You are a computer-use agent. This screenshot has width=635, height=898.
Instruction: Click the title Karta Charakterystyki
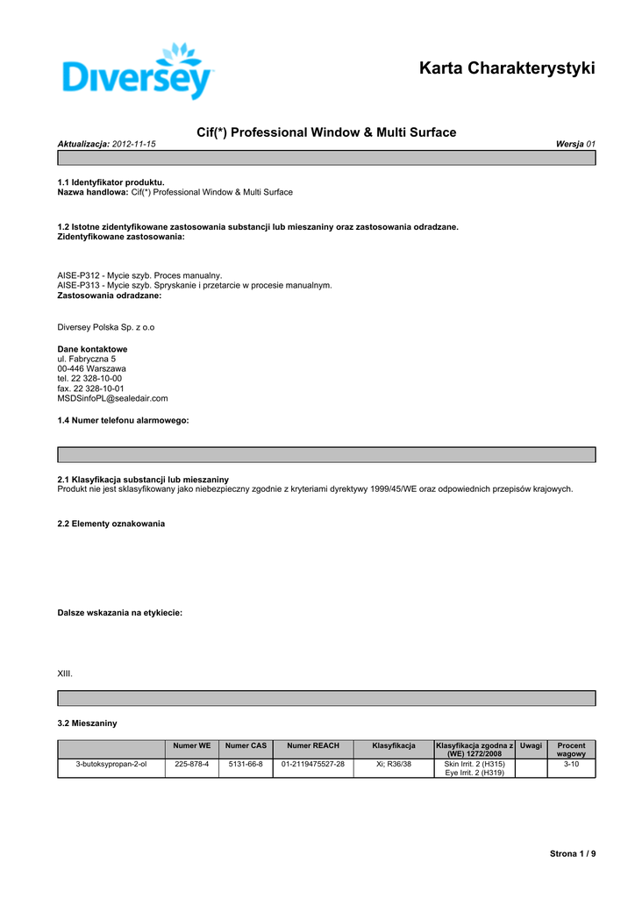(507, 68)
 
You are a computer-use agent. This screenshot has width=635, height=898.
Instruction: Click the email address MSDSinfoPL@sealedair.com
(112, 398)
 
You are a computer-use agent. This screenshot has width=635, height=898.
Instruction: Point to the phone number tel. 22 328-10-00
(90, 378)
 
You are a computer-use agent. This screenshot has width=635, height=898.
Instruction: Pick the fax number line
(90, 388)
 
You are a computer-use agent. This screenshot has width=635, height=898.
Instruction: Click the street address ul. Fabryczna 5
(87, 359)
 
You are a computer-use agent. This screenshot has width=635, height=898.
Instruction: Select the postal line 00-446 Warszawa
(91, 368)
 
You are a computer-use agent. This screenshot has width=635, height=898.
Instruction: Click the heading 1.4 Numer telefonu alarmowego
(123, 421)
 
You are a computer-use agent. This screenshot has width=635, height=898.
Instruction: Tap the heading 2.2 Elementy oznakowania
(111, 524)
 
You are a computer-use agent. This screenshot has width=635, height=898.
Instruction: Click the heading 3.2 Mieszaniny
(87, 723)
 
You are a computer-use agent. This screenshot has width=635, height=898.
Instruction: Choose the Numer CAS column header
(246, 745)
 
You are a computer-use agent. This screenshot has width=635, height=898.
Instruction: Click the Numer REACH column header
(313, 745)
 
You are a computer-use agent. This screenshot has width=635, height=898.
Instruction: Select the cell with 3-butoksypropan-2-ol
(111, 765)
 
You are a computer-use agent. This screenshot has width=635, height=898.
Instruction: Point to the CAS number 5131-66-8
(246, 765)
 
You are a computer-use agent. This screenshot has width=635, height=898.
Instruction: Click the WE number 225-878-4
(191, 765)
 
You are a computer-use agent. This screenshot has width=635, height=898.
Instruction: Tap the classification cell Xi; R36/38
(394, 765)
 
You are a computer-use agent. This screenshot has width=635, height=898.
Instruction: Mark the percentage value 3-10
(571, 765)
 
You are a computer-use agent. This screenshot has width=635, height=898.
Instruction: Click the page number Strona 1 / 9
(572, 853)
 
